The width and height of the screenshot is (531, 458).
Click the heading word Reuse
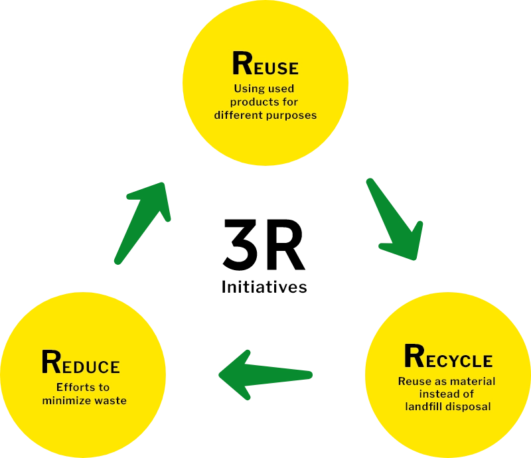pyautogui.click(x=265, y=64)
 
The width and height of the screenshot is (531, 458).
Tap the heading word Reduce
pyautogui.click(x=80, y=363)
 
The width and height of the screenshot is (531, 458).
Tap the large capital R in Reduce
pyautogui.click(x=51, y=362)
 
